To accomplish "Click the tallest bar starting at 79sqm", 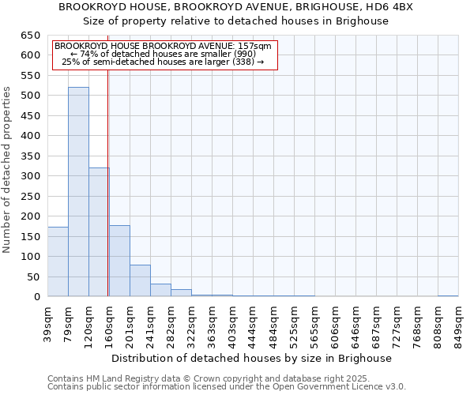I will [78, 192].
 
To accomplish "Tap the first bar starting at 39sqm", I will [58, 261].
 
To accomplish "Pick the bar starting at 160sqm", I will [119, 261].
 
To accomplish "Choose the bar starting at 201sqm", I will [140, 280].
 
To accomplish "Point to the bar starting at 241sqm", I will [160, 290].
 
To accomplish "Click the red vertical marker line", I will [107, 197].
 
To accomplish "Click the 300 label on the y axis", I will [30, 176].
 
